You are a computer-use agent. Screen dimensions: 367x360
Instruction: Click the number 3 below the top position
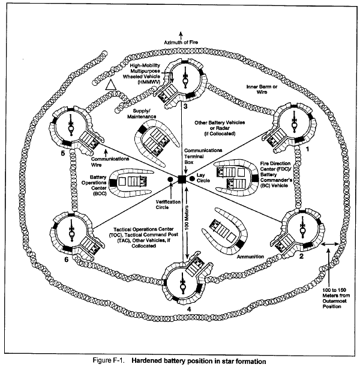point(185,106)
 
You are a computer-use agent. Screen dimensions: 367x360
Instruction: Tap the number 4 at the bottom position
point(190,311)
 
